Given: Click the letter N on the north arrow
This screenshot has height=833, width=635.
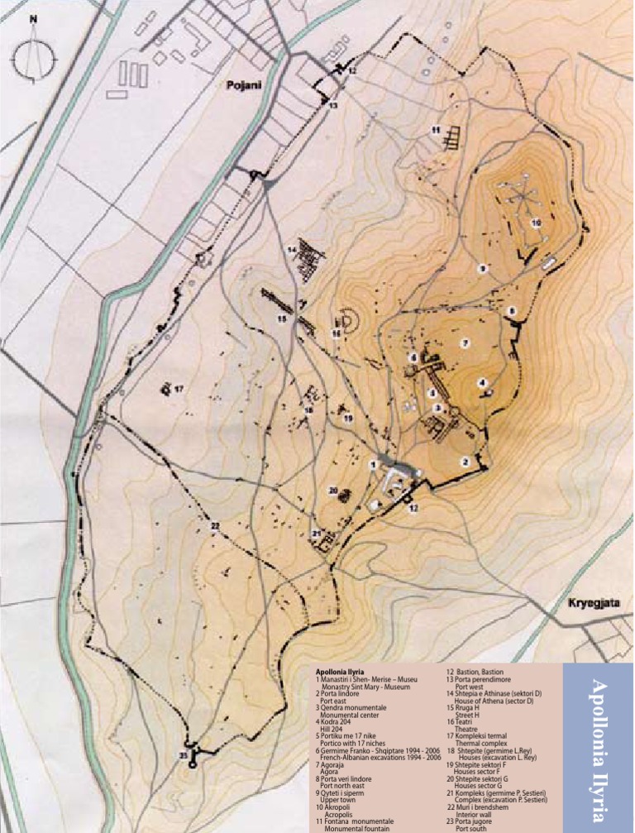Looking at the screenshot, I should [x=33, y=18].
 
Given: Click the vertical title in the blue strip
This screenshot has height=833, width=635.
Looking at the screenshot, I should [x=599, y=744].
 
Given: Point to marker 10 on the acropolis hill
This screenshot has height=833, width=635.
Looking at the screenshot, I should [x=536, y=223].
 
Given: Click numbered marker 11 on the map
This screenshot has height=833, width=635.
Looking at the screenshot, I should [x=435, y=131].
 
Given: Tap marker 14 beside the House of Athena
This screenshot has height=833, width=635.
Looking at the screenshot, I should [x=292, y=249].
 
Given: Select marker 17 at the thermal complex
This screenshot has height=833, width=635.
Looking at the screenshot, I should [x=178, y=388].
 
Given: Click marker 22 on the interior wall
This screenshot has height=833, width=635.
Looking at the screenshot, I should [x=214, y=526].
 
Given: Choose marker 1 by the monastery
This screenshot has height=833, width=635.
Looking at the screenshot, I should [x=373, y=466].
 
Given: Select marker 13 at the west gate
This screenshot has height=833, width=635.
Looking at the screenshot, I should [x=333, y=106].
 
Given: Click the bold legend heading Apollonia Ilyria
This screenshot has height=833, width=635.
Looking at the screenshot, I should [x=340, y=671].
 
